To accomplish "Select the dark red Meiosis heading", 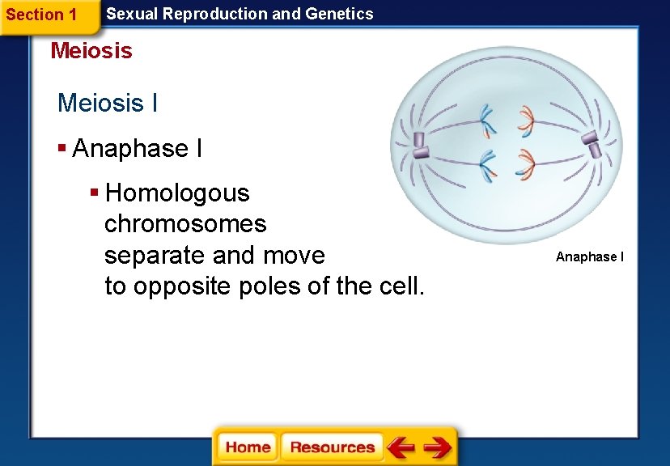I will click(x=91, y=51).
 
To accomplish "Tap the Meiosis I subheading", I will click(x=108, y=104).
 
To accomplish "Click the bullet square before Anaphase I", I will click(x=62, y=148).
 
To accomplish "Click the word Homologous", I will click(x=177, y=193).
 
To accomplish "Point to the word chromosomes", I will click(x=185, y=224).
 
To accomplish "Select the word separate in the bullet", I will click(x=155, y=256).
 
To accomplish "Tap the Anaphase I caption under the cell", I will click(x=590, y=257).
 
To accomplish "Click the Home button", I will click(x=248, y=447).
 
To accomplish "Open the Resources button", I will click(x=332, y=447).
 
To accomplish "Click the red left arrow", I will click(x=401, y=447).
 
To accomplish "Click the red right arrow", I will click(x=437, y=447).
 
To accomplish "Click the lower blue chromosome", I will click(x=487, y=166).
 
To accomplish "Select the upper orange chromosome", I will click(x=526, y=120).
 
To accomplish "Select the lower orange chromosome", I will click(x=525, y=166).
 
